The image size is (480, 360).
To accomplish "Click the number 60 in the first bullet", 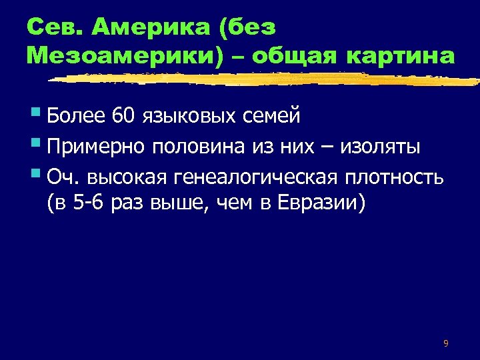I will [x=124, y=116].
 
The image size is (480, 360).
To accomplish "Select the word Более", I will [x=77, y=116].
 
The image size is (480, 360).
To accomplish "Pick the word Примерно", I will [x=97, y=146].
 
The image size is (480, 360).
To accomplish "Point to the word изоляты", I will [x=379, y=146].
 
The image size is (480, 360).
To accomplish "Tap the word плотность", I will [x=395, y=176].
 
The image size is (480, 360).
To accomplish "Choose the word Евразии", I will [x=326, y=201].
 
